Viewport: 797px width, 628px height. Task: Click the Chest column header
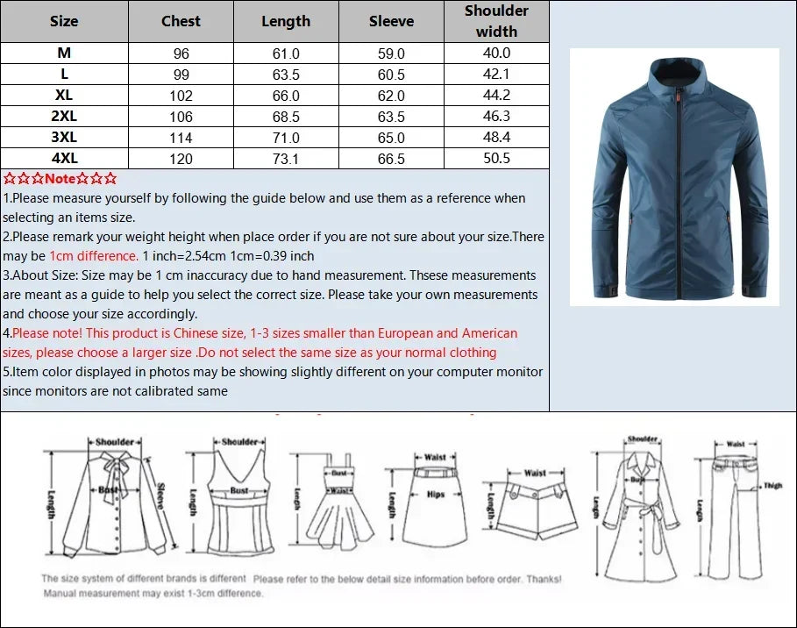pos(181,21)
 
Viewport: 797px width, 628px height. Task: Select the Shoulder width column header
pos(496,21)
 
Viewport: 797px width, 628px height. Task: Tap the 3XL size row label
pos(64,138)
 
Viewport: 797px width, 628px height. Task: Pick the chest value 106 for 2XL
pos(181,117)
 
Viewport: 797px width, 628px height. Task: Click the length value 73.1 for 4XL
pos(286,159)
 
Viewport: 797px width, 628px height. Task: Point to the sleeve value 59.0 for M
pos(391,54)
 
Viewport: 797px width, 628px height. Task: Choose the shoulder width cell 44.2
pos(496,96)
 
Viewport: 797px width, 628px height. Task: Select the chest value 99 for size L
pos(181,75)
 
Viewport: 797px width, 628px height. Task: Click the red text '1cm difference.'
pos(94,256)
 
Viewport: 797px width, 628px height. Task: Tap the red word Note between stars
pos(60,179)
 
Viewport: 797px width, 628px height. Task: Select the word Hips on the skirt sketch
pos(436,495)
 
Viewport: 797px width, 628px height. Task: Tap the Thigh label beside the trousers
pos(772,486)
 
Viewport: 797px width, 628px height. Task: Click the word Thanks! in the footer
pos(543,579)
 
